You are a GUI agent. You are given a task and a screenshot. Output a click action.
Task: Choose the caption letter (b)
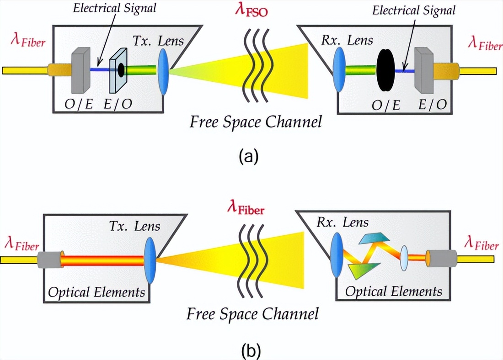250,351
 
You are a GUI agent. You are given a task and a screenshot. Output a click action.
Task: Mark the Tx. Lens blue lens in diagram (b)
150,259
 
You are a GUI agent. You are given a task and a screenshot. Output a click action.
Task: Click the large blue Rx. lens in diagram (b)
337,254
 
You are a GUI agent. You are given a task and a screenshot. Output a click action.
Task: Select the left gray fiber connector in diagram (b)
50,260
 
